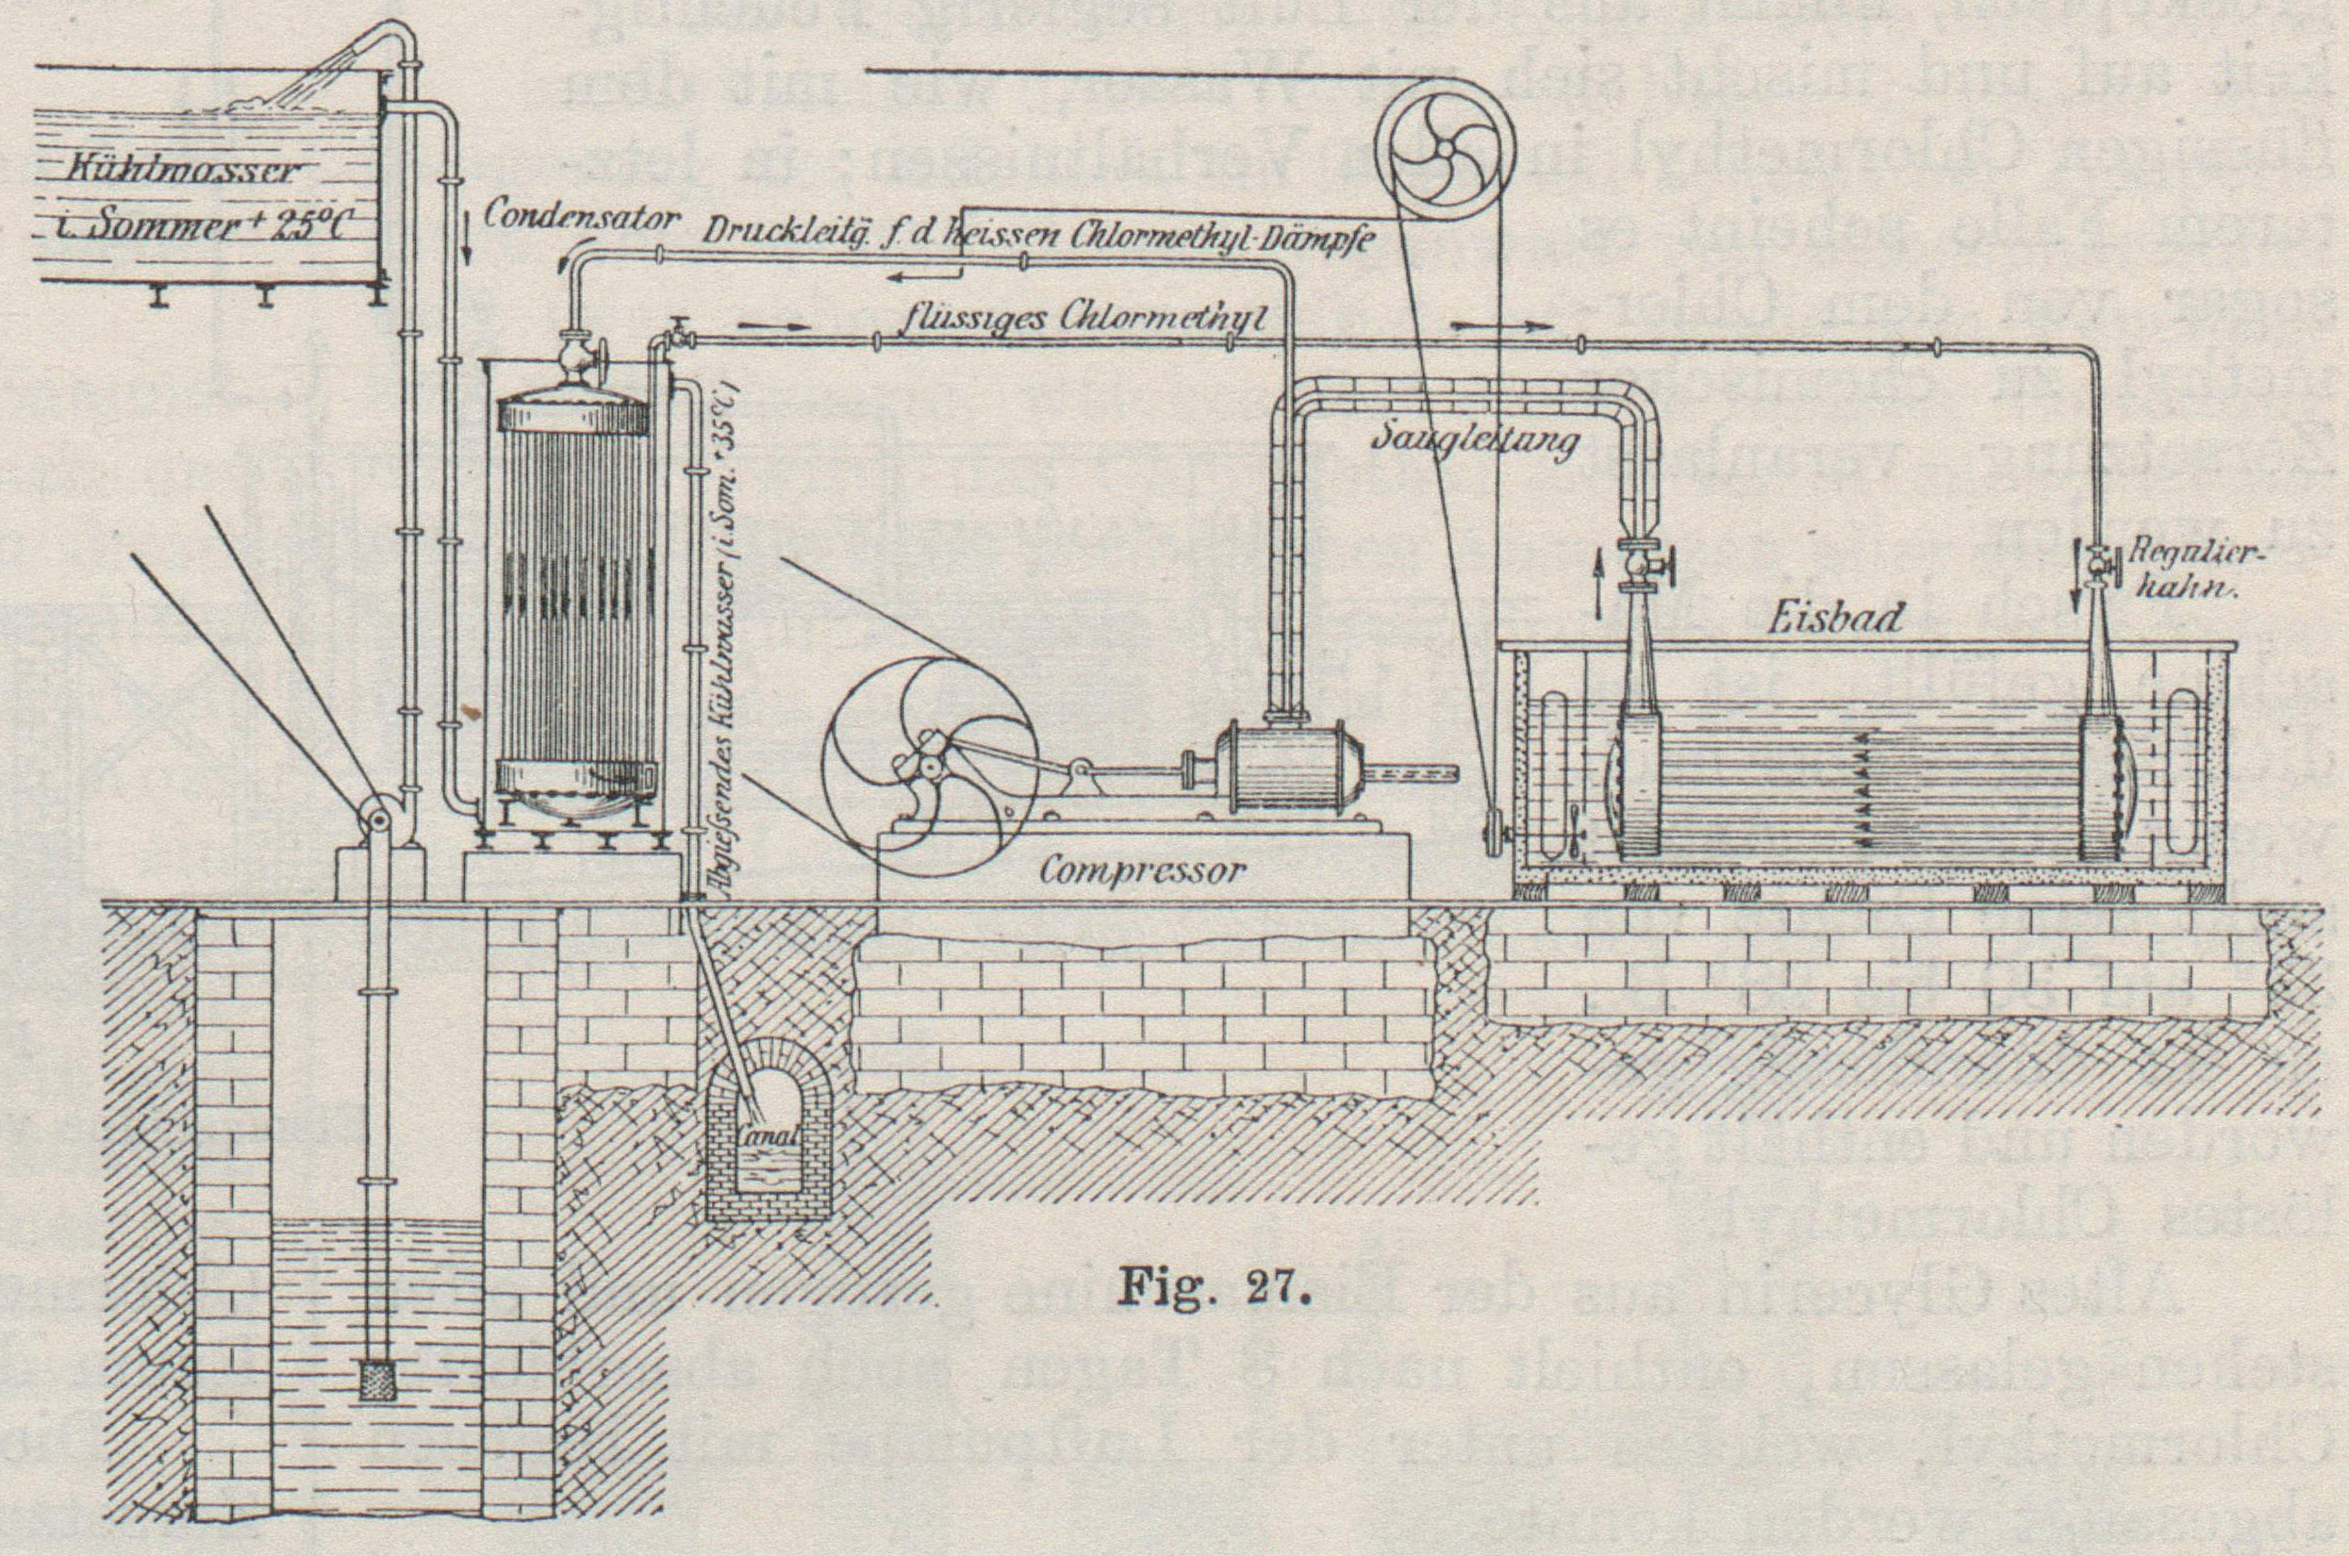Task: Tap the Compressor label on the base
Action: (1141, 871)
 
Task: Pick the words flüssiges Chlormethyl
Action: (1087, 322)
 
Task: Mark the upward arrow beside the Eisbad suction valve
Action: (1598, 571)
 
